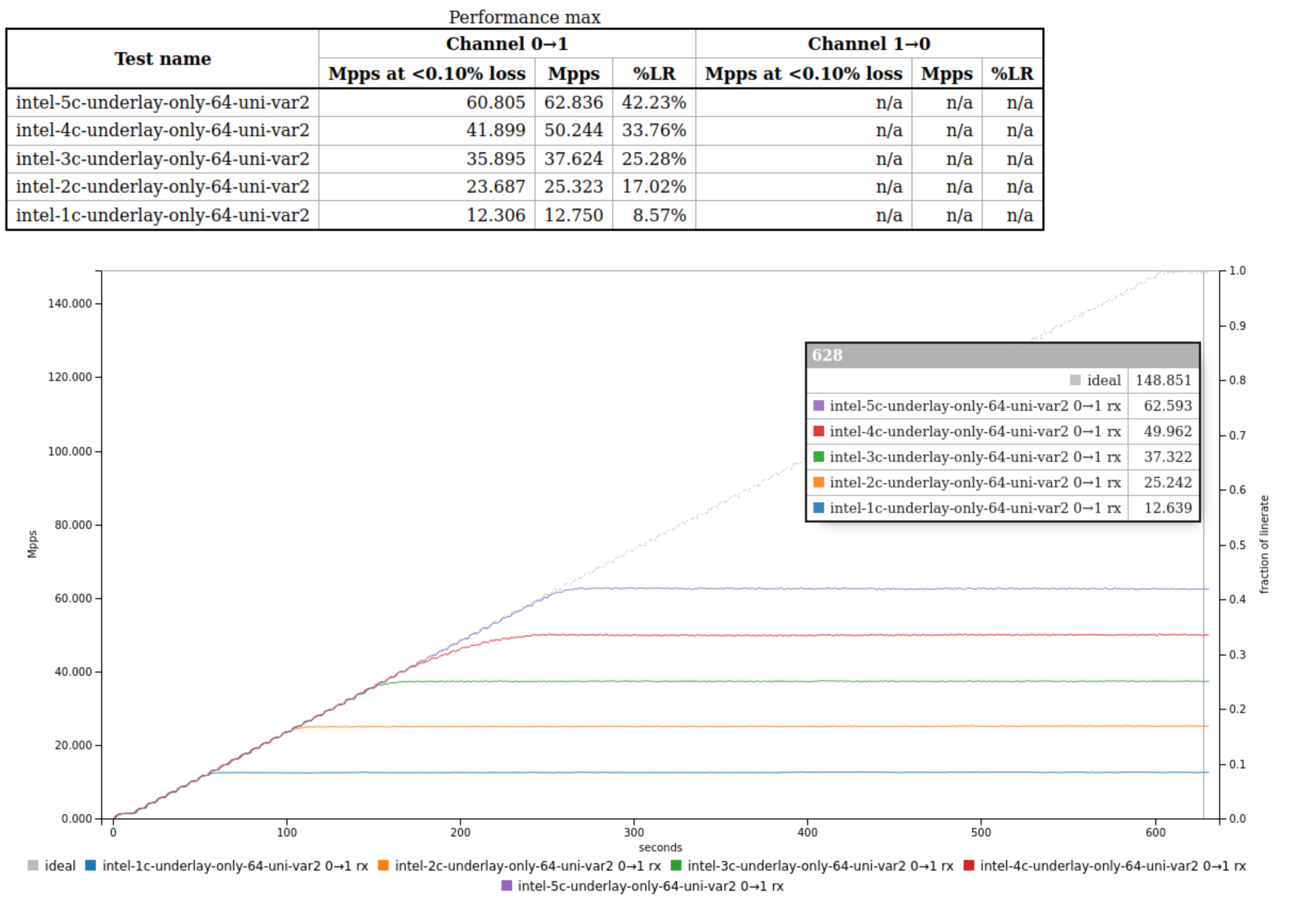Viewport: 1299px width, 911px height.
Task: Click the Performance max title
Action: pyautogui.click(x=524, y=17)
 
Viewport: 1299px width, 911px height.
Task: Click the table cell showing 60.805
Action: pyautogui.click(x=495, y=102)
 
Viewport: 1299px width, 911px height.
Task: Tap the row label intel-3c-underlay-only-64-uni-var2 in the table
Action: pyautogui.click(x=162, y=159)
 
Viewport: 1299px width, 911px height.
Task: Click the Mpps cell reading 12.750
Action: pyautogui.click(x=573, y=215)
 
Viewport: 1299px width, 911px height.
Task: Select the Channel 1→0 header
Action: pyautogui.click(x=868, y=44)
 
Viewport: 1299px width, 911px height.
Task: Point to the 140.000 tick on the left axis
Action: pyautogui.click(x=70, y=304)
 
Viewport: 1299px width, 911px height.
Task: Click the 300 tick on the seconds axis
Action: pyautogui.click(x=634, y=832)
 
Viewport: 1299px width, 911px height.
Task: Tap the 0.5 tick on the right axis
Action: pyautogui.click(x=1237, y=545)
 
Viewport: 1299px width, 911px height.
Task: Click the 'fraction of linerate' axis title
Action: pyautogui.click(x=1264, y=544)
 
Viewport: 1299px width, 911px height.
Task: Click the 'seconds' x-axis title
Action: pyautogui.click(x=660, y=847)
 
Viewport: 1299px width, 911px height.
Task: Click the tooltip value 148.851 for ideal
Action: pyautogui.click(x=1163, y=380)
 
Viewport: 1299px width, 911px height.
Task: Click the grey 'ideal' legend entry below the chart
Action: pyautogui.click(x=52, y=866)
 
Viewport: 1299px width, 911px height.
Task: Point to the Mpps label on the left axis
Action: pyautogui.click(x=32, y=544)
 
